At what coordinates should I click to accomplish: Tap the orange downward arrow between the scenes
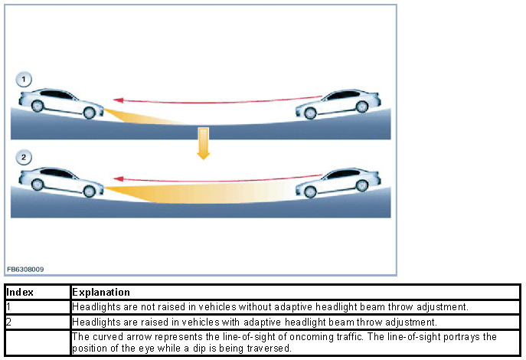click(203, 142)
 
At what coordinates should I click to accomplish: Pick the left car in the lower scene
click(61, 181)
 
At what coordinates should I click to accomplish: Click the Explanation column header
click(101, 293)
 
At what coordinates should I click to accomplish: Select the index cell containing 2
click(37, 322)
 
